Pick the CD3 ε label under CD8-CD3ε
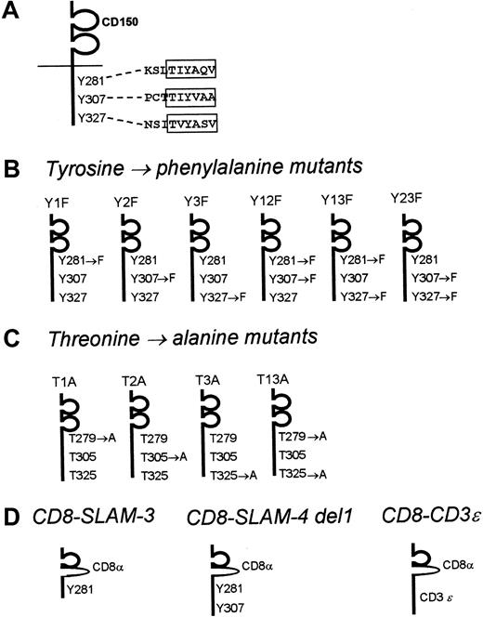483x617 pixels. (431, 584)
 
